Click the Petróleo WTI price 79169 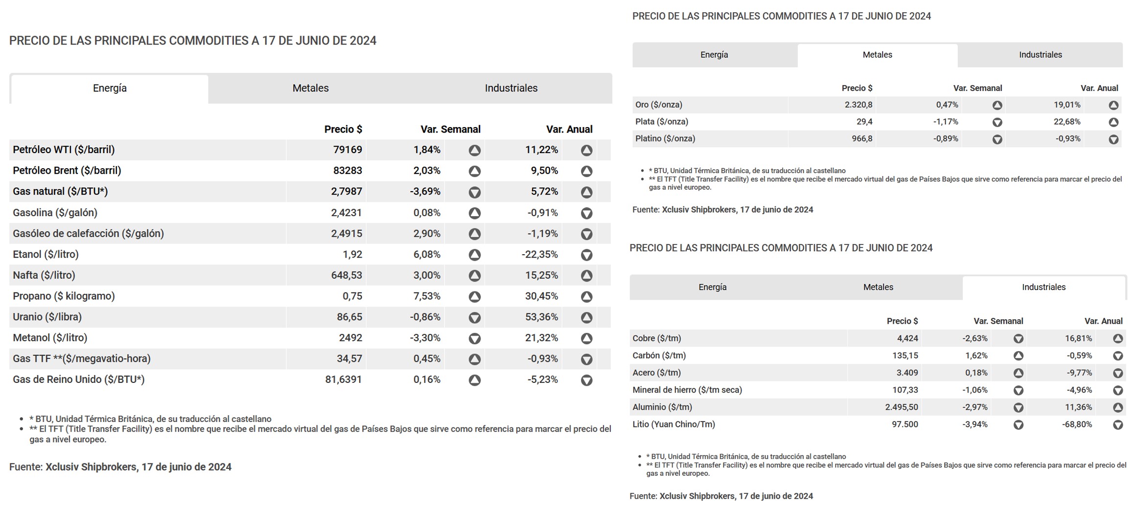click(348, 150)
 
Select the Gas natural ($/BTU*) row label click(60, 191)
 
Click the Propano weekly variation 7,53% click(427, 296)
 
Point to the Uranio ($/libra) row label click(47, 317)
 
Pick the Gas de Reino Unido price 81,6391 click(343, 379)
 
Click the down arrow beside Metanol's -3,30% click(474, 338)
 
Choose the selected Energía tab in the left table click(110, 88)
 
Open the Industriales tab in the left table click(511, 88)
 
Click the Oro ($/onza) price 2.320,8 click(859, 105)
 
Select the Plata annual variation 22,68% click(1067, 122)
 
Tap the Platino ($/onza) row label click(665, 138)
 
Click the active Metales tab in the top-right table click(877, 55)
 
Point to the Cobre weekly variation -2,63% click(975, 338)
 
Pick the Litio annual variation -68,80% click(1077, 424)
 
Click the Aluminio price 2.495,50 click(902, 407)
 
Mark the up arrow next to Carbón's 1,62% click(1018, 356)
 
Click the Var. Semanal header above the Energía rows click(450, 130)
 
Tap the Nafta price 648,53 click(347, 275)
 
